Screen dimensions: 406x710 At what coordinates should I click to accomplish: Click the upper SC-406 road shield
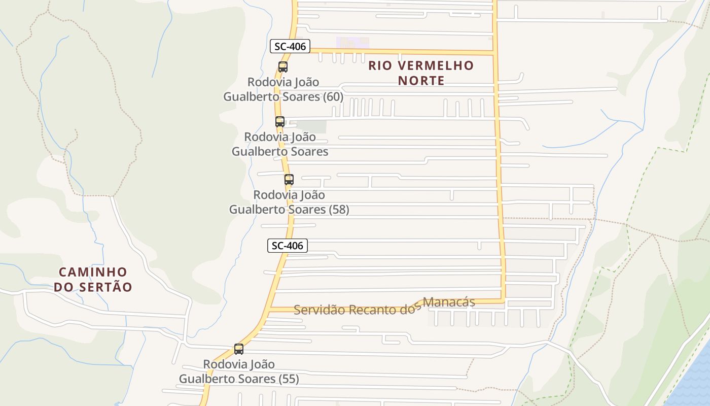click(x=290, y=47)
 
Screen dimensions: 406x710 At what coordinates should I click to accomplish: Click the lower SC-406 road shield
click(x=287, y=246)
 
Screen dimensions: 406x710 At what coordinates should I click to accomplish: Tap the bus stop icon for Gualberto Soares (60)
click(x=283, y=66)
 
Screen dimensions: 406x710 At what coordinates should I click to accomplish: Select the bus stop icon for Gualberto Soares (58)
click(x=289, y=179)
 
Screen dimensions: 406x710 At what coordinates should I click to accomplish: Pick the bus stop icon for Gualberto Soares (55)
click(x=239, y=349)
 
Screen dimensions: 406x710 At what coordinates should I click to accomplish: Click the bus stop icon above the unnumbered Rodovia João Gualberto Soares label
click(x=280, y=121)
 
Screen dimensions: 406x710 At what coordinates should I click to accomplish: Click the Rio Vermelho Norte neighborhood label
click(x=421, y=73)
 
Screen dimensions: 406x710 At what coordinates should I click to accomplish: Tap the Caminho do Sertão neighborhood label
click(x=93, y=280)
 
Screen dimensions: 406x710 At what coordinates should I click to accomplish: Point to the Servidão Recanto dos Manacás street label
click(x=384, y=306)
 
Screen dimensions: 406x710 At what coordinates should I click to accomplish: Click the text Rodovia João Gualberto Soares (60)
click(x=283, y=89)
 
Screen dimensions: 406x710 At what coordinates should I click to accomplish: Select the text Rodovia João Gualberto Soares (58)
click(x=289, y=202)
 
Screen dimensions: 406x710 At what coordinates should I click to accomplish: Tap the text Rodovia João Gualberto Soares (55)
click(x=239, y=371)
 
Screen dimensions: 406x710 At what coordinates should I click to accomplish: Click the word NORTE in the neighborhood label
click(x=421, y=80)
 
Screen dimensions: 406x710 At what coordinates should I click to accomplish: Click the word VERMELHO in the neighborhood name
click(x=435, y=65)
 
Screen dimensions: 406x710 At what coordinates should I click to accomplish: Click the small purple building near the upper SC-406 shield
click(x=353, y=43)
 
